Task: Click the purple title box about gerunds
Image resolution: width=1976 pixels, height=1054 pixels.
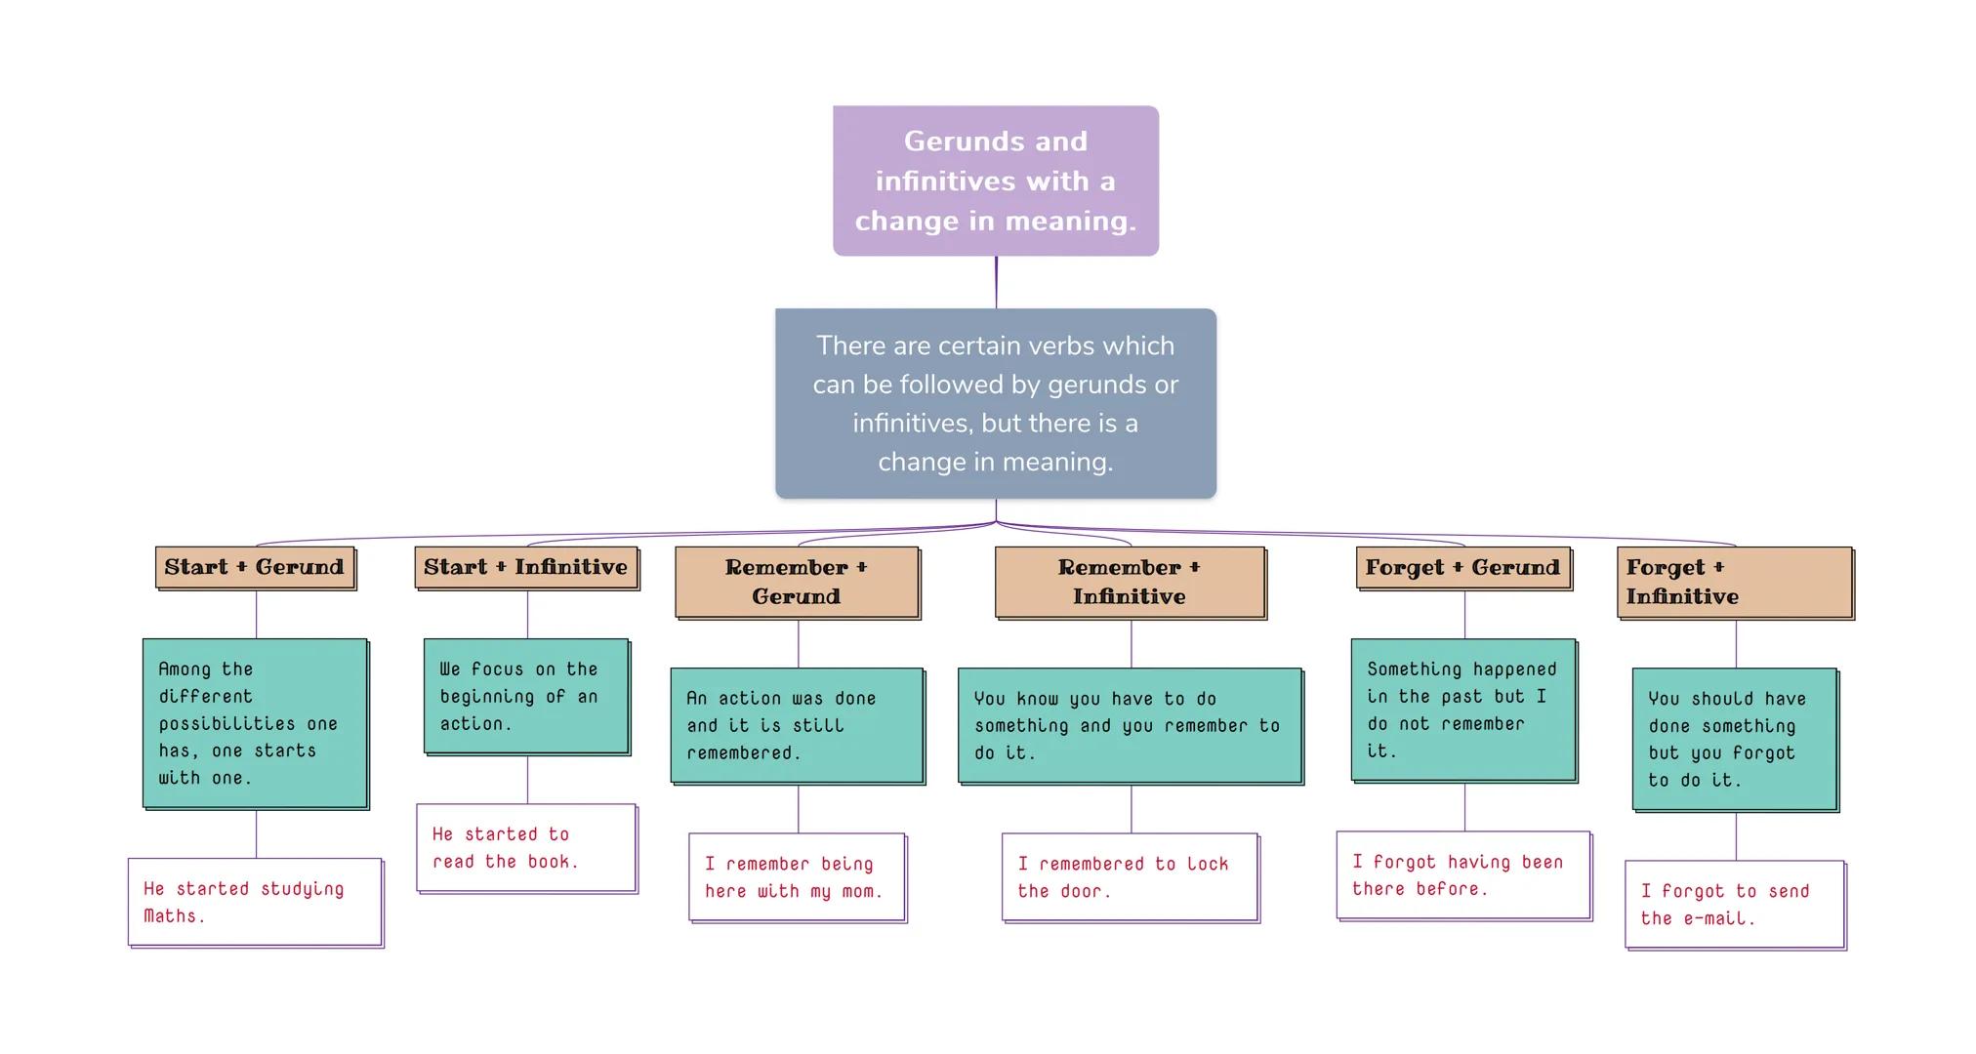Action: (x=995, y=181)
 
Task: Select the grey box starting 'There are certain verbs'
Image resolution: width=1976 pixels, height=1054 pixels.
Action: (x=995, y=403)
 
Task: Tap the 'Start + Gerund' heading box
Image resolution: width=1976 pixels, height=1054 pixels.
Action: (x=255, y=568)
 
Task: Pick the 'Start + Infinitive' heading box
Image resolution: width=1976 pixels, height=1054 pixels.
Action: (x=526, y=568)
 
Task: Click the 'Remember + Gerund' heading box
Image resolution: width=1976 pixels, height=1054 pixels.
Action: (x=797, y=582)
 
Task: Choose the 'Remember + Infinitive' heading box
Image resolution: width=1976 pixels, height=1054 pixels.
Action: (x=1130, y=582)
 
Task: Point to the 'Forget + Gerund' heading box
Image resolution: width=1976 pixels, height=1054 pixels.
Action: (x=1462, y=568)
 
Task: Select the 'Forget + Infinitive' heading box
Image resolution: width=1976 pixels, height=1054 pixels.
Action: (x=1734, y=582)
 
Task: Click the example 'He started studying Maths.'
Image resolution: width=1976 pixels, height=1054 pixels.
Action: (x=255, y=902)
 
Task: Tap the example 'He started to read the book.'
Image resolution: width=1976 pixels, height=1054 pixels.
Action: (x=526, y=847)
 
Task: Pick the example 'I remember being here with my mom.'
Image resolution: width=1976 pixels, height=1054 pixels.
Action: (x=797, y=876)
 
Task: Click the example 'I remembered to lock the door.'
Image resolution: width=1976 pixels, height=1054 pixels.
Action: (x=1130, y=876)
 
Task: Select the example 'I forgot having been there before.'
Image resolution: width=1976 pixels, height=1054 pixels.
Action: (x=1462, y=874)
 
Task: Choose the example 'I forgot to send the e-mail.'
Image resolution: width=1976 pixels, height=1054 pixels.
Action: (x=1734, y=904)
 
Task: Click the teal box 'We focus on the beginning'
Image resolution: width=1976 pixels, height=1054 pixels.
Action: (x=526, y=696)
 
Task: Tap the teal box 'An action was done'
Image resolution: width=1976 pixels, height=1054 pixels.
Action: (x=797, y=725)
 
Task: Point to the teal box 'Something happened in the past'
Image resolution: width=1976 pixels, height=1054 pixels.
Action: (x=1462, y=709)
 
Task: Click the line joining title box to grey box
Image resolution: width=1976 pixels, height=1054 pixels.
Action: (x=996, y=283)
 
